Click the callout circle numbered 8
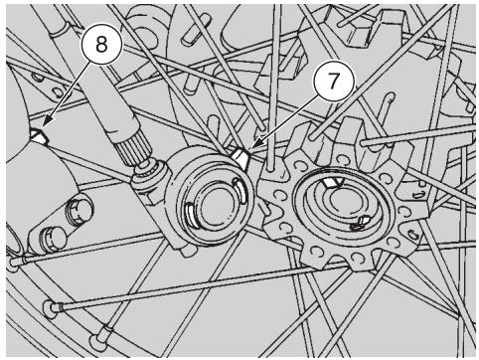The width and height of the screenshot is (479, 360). pos(101,44)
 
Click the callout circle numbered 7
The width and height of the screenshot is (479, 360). pos(334,82)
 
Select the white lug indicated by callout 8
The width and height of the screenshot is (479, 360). pos(40,136)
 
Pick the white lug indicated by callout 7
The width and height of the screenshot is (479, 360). pos(240,157)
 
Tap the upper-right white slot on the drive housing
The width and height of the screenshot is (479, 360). pos(239,189)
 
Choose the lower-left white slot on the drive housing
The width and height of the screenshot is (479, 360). pos(191,214)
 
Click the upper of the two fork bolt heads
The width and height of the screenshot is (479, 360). pos(79,209)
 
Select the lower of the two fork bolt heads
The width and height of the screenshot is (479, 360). pos(52,238)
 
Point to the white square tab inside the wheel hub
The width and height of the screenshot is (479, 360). pos(333,182)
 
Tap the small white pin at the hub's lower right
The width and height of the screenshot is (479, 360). pos(361,223)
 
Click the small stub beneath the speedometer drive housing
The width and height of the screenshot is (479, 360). pos(189,251)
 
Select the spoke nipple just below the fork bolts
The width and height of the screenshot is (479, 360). pos(16,262)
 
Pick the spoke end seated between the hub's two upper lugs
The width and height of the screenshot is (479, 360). pos(312,135)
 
